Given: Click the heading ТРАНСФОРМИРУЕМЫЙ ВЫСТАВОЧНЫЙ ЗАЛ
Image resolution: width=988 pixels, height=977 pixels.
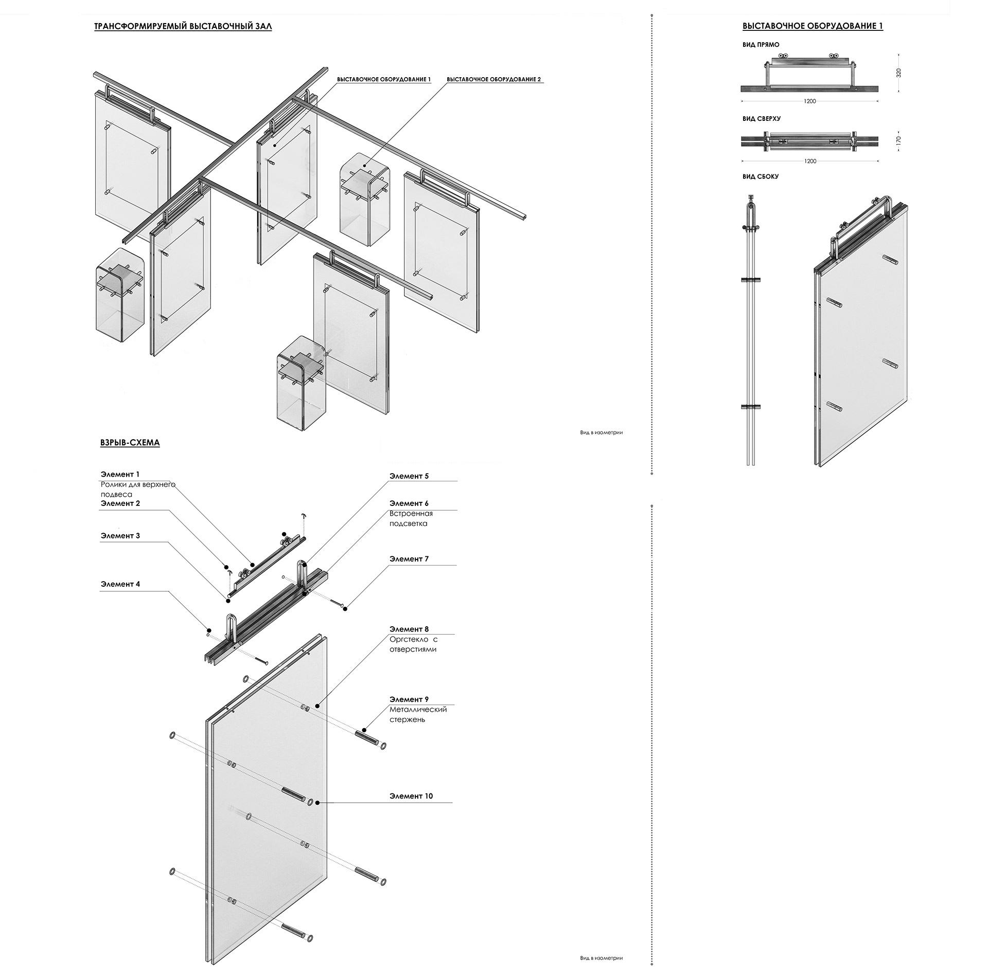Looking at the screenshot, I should click(x=183, y=27).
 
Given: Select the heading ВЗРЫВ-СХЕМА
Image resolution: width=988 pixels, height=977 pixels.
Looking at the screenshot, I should click(x=130, y=442).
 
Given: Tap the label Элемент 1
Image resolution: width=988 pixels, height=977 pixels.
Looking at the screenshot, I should click(x=120, y=474).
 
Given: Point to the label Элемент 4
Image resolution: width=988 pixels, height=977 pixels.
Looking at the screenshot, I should click(x=120, y=584).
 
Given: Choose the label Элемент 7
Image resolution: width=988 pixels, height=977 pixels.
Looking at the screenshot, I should click(x=409, y=558).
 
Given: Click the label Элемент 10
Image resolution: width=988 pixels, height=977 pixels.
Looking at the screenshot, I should click(x=411, y=796).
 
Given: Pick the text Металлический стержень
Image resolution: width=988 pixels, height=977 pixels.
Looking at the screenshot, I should click(x=417, y=714).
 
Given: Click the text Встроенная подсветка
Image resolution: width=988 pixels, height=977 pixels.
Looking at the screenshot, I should click(x=411, y=518).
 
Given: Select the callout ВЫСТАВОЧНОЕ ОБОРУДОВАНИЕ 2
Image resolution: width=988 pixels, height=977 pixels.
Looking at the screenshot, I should click(x=493, y=80).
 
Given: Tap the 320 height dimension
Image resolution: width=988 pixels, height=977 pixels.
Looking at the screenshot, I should click(x=898, y=73).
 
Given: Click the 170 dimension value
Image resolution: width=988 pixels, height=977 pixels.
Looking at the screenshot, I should click(x=898, y=139).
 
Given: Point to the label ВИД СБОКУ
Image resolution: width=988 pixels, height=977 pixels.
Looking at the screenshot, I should click(x=760, y=176).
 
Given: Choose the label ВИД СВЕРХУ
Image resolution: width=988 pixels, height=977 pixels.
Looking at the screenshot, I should click(x=761, y=118).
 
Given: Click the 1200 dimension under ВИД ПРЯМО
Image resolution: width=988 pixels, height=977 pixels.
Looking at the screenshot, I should click(x=809, y=101).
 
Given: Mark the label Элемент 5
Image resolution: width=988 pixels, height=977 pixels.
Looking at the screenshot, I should click(x=409, y=476).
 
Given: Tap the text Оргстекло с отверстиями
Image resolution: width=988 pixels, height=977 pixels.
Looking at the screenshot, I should click(x=413, y=644).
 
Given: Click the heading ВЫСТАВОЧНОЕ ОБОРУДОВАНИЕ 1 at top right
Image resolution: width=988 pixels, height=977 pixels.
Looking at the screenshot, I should click(x=813, y=26).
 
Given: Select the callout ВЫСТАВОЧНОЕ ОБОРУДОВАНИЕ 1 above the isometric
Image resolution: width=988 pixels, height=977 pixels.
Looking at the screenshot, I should click(x=383, y=80).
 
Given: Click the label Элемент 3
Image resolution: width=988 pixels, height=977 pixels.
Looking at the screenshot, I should click(x=120, y=536).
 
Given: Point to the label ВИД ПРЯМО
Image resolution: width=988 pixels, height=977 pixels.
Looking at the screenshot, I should click(x=761, y=45).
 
